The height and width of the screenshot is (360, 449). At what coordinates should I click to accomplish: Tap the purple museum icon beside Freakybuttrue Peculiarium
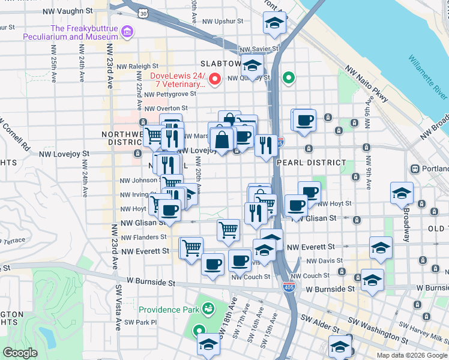[x=127, y=31]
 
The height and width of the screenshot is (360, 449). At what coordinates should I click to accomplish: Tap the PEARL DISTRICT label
[x=311, y=163]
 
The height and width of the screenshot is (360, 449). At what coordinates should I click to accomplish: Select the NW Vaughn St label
[x=68, y=11]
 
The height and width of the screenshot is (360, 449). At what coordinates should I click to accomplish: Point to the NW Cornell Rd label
[x=16, y=137]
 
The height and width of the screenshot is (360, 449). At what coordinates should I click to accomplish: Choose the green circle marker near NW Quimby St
[x=289, y=77]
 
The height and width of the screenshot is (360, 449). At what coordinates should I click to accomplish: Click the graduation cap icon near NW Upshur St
[x=274, y=24]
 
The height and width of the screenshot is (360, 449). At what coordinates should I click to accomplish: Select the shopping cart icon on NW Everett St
[x=191, y=247]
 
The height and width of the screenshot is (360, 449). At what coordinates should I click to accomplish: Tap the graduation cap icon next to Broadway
[x=402, y=193]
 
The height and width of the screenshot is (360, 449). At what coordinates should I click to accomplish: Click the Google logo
[x=20, y=353]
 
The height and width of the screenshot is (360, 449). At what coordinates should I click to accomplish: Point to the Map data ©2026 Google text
[x=411, y=355]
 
